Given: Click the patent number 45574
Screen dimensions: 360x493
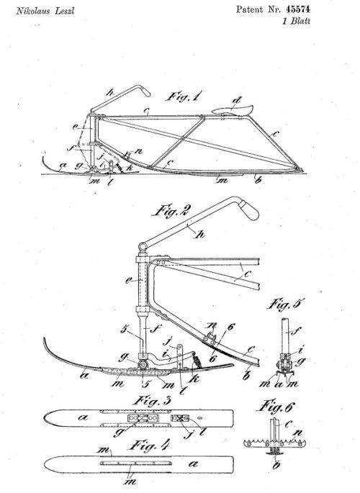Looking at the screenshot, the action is click(298, 9).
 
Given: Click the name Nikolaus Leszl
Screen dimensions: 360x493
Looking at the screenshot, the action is click(45, 11).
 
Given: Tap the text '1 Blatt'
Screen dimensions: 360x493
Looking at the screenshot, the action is click(296, 21).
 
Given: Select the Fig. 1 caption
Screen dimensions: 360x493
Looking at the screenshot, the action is click(184, 96).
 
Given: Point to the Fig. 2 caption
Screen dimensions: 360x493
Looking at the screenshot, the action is click(171, 210).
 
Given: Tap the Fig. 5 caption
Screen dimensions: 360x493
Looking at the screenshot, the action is click(286, 304).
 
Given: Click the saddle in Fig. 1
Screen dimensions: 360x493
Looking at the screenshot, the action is click(232, 110).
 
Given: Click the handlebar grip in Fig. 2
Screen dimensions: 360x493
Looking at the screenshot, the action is click(248, 210).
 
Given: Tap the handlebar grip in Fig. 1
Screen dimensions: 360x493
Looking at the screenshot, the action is click(145, 92).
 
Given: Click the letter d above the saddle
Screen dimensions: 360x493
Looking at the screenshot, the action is click(236, 101).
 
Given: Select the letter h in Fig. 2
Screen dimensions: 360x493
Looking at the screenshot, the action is click(199, 234).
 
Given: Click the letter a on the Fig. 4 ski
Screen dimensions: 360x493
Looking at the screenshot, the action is click(194, 463).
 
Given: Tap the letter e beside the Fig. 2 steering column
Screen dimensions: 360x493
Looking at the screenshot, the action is click(128, 281).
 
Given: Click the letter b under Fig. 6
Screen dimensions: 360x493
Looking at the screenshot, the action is click(276, 465).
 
